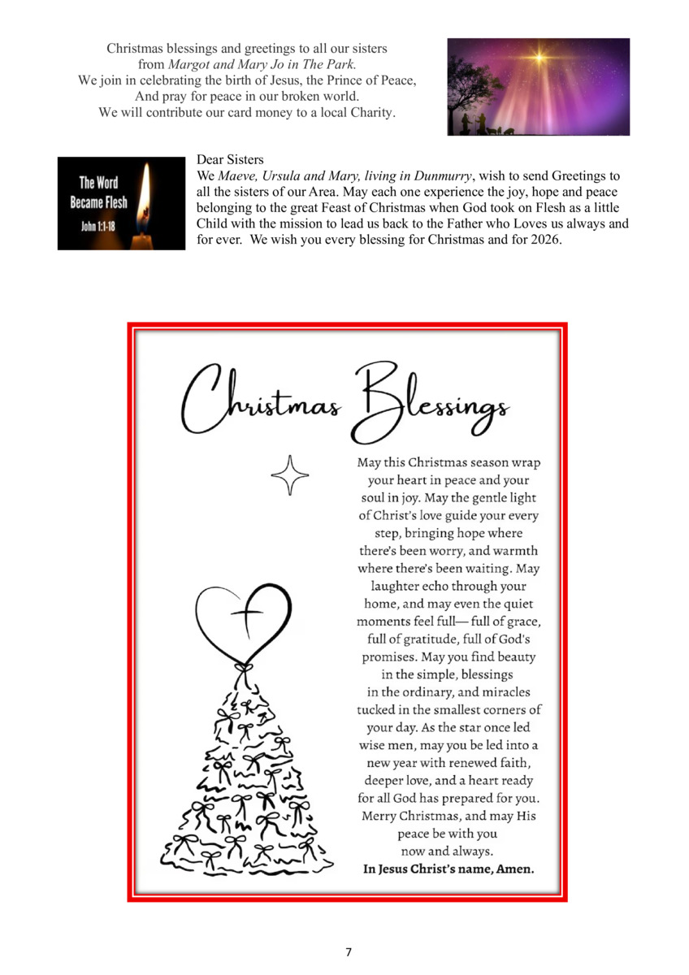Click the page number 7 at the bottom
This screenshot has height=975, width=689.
pos(349,951)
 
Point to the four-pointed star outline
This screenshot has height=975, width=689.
pos(290,475)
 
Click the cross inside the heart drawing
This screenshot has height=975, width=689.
pos(244,621)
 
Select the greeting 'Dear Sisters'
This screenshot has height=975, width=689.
pos(230,160)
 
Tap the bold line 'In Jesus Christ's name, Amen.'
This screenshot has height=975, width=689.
pos(448,869)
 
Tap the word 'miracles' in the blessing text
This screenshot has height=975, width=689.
pos(500,691)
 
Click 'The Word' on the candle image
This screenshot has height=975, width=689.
pos(98,184)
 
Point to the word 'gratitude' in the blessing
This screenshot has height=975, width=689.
pos(435,639)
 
